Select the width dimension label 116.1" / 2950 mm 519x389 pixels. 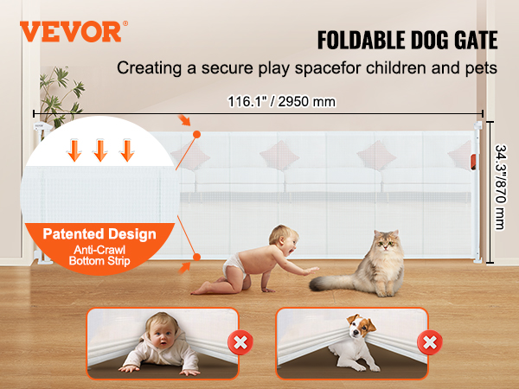(x=281, y=101)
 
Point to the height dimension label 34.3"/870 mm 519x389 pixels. (x=501, y=187)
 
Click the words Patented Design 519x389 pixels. (x=99, y=234)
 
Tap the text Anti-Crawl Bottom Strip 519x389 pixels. (x=99, y=255)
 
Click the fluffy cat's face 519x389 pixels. (x=387, y=243)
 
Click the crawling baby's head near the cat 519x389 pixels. (x=284, y=239)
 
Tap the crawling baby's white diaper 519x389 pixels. (x=234, y=265)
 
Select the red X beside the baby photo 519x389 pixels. (x=240, y=342)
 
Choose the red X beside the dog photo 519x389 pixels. (x=430, y=342)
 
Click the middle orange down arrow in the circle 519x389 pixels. (x=100, y=150)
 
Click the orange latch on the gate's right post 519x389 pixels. (x=473, y=163)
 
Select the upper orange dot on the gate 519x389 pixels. (x=196, y=134)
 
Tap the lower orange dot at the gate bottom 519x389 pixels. (x=196, y=257)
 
